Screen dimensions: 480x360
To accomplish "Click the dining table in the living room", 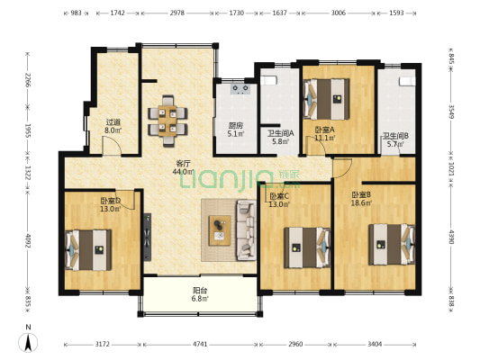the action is click(x=168, y=121).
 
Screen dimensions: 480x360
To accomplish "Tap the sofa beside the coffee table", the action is click(x=246, y=230).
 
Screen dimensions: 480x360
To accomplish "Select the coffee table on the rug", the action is click(x=220, y=230).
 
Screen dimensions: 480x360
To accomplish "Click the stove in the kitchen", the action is click(x=240, y=89).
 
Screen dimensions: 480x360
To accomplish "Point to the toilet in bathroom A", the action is click(x=268, y=80).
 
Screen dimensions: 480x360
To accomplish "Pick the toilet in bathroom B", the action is click(x=407, y=81).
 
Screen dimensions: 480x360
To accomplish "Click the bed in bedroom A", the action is click(x=326, y=99).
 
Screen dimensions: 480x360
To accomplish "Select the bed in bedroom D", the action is click(x=88, y=250).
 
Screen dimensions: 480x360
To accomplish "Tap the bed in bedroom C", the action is click(x=307, y=247).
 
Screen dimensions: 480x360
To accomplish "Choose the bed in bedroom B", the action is click(x=392, y=245).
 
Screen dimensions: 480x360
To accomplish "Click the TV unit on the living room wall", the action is click(x=148, y=237).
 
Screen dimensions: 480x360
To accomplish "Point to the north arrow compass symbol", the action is click(x=28, y=342).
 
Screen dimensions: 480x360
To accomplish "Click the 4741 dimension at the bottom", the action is click(x=200, y=345).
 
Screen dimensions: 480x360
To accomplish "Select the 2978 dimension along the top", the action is click(x=177, y=13).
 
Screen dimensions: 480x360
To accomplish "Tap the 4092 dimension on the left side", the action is click(x=28, y=241).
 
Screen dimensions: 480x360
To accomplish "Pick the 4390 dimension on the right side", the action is click(x=451, y=238).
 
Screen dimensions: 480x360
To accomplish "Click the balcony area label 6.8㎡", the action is click(x=200, y=299).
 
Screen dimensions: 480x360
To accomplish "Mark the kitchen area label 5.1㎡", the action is click(x=236, y=134).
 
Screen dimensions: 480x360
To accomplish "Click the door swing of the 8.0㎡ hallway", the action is click(x=112, y=146).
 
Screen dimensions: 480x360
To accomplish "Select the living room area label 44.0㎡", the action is click(x=184, y=172).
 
